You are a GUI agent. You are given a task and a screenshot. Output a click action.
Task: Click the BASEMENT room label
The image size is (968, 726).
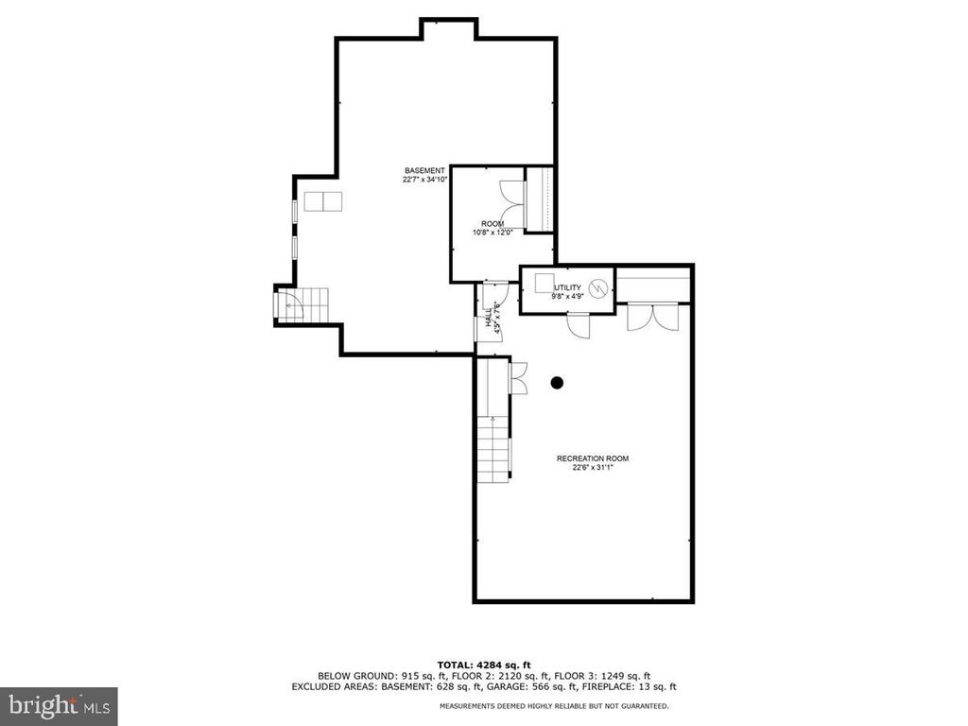tap(424, 170)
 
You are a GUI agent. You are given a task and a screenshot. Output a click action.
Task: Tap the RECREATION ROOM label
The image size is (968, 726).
tap(593, 458)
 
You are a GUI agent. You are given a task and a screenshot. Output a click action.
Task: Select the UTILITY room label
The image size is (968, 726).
tap(567, 287)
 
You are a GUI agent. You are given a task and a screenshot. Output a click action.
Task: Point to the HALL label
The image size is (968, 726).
tap(489, 318)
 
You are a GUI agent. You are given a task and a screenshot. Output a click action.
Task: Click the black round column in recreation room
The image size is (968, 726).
tap(557, 383)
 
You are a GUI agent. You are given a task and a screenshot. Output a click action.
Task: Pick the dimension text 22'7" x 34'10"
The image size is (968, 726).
tap(424, 180)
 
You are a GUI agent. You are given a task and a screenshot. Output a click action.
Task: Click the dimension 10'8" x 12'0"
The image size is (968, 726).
tap(493, 233)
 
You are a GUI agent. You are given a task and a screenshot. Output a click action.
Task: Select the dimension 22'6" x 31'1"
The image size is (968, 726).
tap(593, 467)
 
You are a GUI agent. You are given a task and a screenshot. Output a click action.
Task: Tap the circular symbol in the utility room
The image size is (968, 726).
tap(598, 288)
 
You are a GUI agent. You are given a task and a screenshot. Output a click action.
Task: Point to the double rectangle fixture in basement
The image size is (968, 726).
tap(323, 201)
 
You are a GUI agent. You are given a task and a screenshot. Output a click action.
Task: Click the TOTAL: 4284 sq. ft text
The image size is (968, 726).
tap(484, 665)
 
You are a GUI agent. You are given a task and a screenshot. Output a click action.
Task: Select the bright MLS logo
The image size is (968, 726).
tap(59, 706)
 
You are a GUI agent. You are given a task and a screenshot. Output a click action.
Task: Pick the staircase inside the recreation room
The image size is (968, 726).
tap(493, 449)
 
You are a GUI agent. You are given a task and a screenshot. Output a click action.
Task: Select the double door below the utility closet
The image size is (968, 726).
tap(653, 317)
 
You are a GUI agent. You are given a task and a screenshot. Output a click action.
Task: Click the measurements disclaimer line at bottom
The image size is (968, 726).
tap(554, 705)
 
